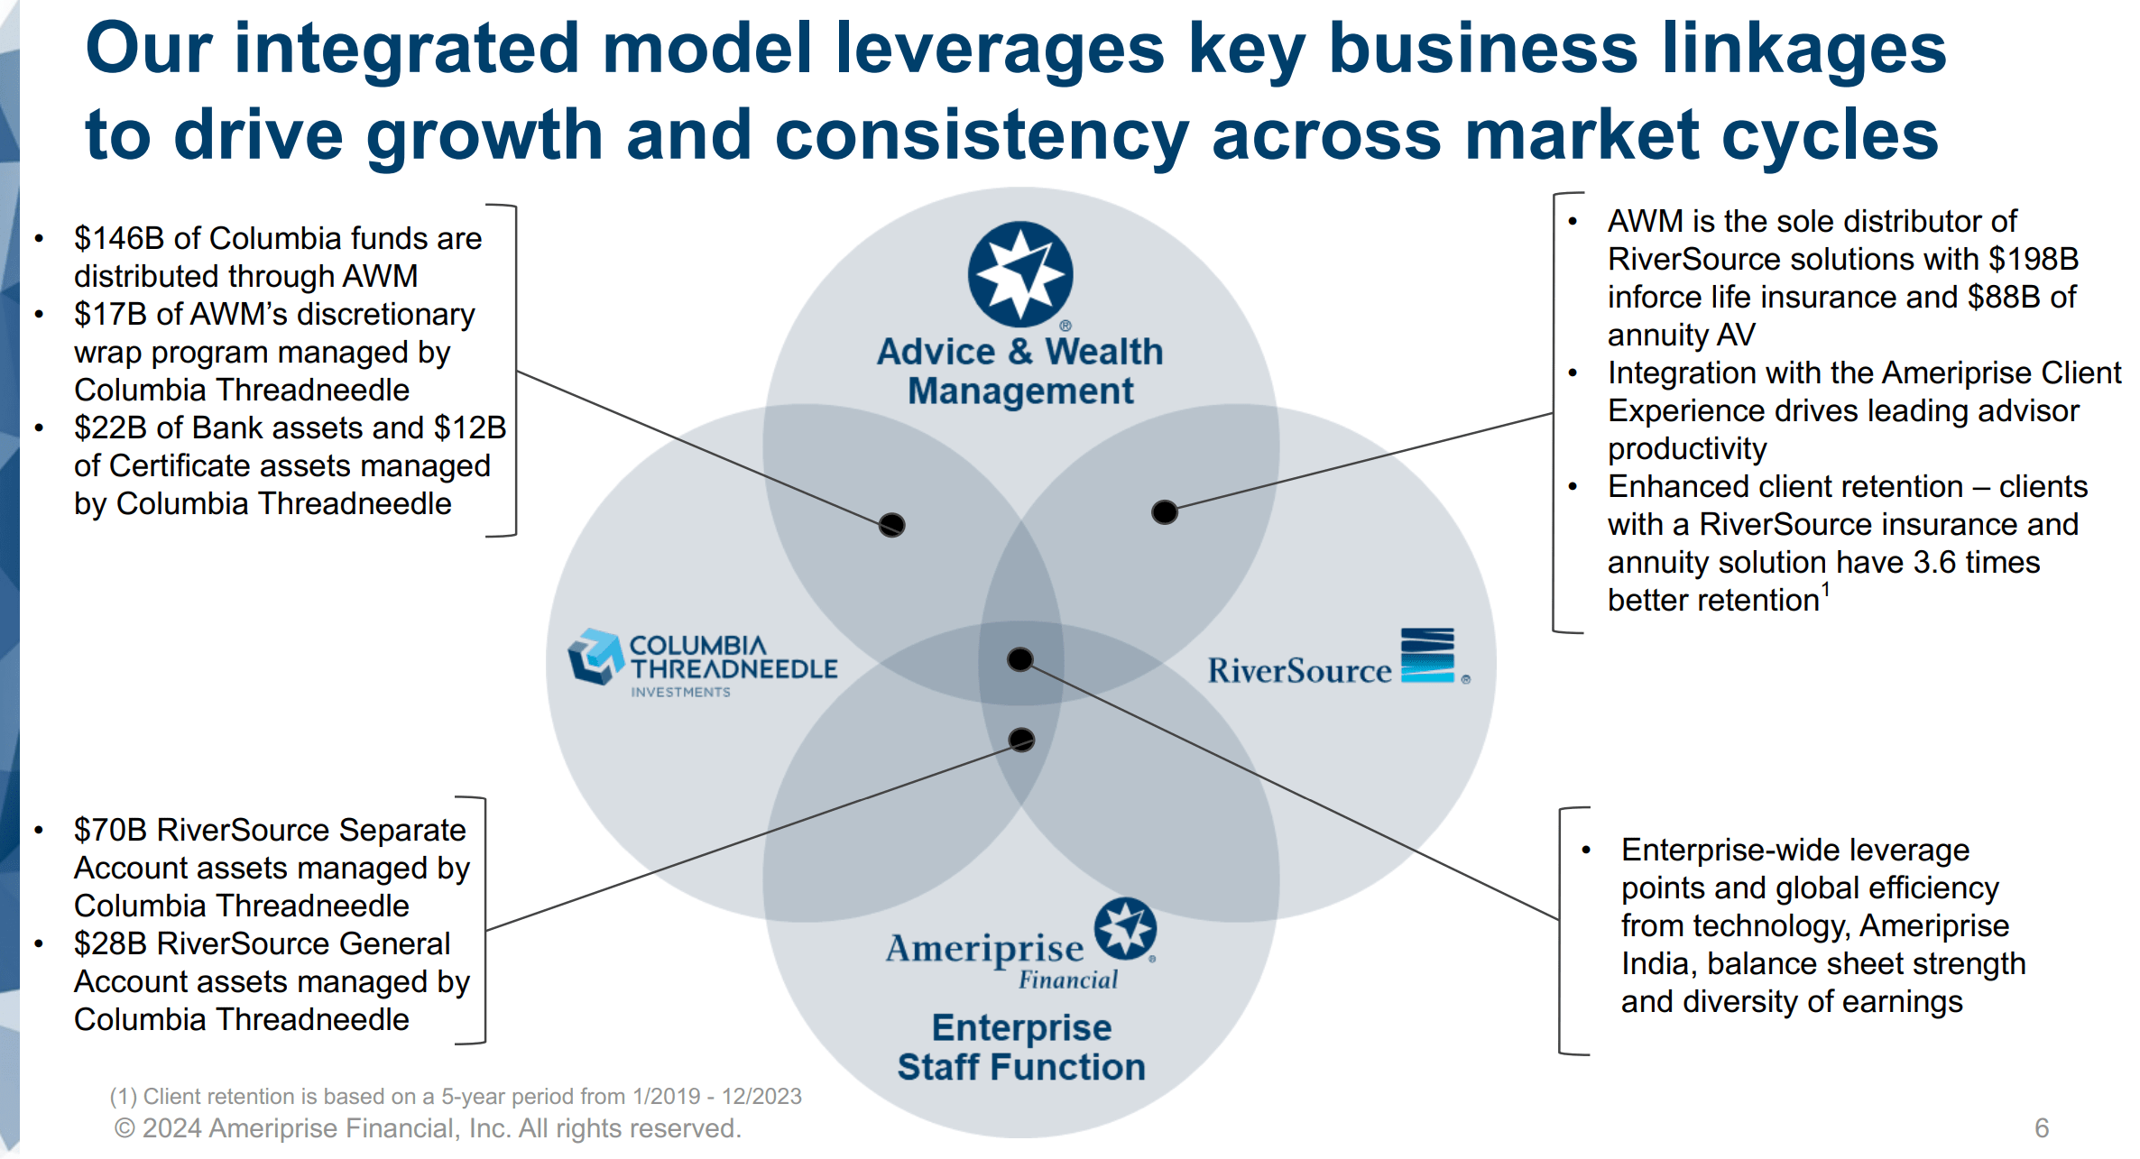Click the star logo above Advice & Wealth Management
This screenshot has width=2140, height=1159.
click(1019, 274)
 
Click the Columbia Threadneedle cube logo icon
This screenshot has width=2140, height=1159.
click(595, 657)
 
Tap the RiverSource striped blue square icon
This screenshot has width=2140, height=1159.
click(1427, 656)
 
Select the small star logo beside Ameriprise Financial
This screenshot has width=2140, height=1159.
click(1125, 928)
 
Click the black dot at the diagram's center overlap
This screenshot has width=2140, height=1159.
click(1020, 659)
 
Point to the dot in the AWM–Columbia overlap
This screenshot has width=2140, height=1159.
click(892, 525)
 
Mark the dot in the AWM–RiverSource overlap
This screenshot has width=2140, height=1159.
click(1165, 512)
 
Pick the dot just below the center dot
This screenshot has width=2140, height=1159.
click(1021, 740)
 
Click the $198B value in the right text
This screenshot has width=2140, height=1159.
click(2034, 260)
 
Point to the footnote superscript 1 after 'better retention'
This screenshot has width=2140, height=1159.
click(1825, 589)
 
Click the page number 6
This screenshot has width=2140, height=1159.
click(2042, 1127)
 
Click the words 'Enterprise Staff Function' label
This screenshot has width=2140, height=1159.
click(1021, 1047)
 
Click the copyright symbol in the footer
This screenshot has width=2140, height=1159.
click(125, 1128)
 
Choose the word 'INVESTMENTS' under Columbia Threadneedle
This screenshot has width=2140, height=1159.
click(680, 693)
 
